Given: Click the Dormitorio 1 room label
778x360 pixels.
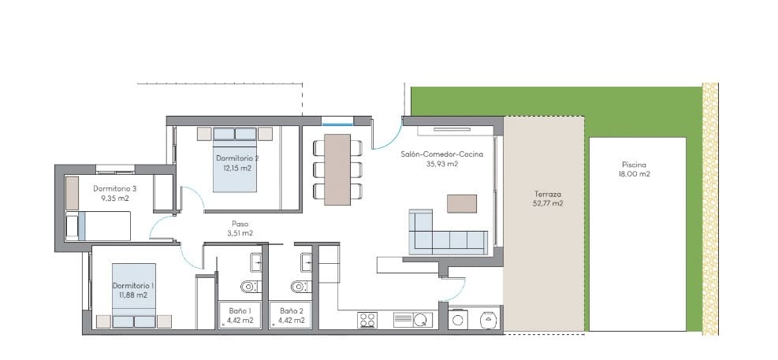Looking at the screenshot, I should coord(132,285).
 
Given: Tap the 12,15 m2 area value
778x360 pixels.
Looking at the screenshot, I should coord(237,168).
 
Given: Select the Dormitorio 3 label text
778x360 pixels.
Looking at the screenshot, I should coord(114,188).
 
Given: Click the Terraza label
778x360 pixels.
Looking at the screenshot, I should coord(547,193).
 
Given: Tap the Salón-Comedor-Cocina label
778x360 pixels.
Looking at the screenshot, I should coord(441,154).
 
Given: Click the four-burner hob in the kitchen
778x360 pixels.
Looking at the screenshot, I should coord(367,320).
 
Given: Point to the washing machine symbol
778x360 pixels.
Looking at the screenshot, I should coord(488,319).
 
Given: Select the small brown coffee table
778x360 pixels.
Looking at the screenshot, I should coord(462,203).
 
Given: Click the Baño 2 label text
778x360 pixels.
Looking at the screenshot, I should coord(291,310).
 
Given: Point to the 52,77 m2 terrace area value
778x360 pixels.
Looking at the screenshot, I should coord(547,203).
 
